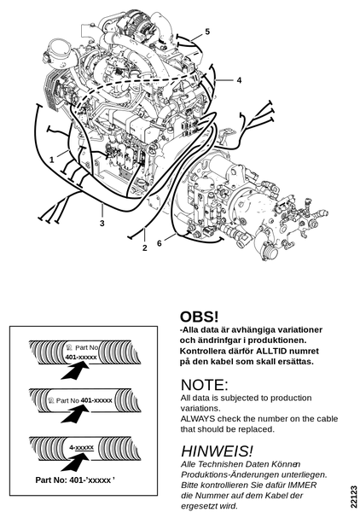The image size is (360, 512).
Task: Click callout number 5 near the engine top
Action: pyautogui.click(x=207, y=32)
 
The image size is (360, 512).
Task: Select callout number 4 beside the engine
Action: pyautogui.click(x=239, y=80)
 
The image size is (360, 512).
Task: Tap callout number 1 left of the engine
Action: pyautogui.click(x=51, y=160)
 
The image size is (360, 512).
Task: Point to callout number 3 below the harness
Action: pyautogui.click(x=102, y=224)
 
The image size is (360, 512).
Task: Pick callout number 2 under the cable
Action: pyautogui.click(x=144, y=247)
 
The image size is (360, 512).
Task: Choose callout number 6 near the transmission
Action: pyautogui.click(x=160, y=243)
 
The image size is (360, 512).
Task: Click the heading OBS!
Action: pyautogui.click(x=199, y=317)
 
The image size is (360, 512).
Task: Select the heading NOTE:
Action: pyautogui.click(x=204, y=385)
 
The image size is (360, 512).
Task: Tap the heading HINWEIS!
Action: pyautogui.click(x=217, y=451)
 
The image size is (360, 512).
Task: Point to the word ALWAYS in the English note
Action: pyautogui.click(x=198, y=419)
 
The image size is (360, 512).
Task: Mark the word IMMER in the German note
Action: pyautogui.click(x=305, y=485)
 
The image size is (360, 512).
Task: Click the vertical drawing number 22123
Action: pyautogui.click(x=354, y=497)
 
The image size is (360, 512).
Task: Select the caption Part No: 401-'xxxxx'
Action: pyautogui.click(x=75, y=480)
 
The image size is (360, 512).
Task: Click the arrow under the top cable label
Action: pyautogui.click(x=75, y=371)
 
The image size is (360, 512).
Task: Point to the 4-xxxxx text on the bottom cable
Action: pyautogui.click(x=82, y=447)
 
